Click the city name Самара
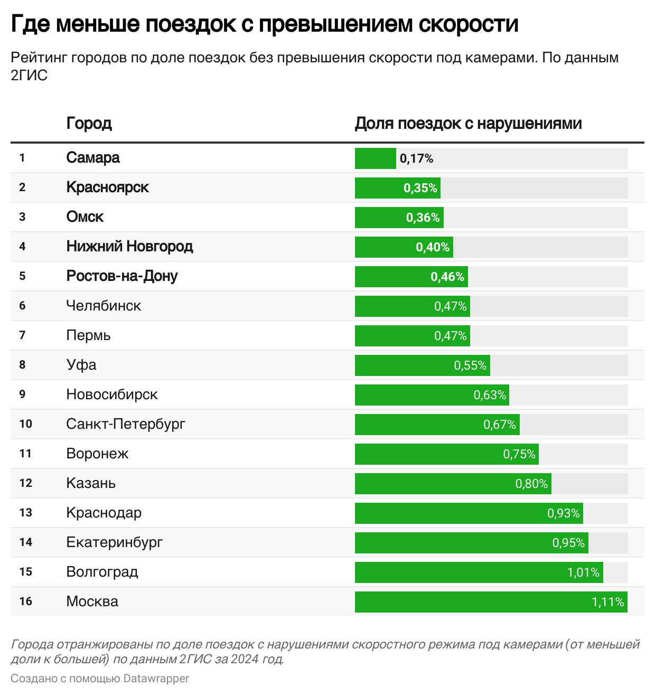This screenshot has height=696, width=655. coord(93,158)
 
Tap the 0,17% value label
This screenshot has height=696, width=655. coord(416,158)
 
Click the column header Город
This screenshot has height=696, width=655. coord(89,123)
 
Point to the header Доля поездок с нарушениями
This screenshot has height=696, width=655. coord(468,123)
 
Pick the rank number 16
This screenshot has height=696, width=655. coord(25,601)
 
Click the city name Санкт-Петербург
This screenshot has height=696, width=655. coord(126,424)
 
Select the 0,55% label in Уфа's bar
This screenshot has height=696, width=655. coord(470,365)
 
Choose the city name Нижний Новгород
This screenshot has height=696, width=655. coord(129,247)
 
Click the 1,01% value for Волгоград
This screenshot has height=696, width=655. coord(583,572)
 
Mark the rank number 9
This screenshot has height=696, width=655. coord(22,394)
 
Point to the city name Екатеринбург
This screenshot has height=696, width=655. coord(115,542)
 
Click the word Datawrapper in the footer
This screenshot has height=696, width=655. coord(156,679)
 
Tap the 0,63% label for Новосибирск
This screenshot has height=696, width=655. coord(490,395)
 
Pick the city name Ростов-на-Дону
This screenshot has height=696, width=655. coord(122,276)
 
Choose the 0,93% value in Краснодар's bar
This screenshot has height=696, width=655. coord(563,513)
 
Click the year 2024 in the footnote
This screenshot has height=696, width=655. coord(245,659)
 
